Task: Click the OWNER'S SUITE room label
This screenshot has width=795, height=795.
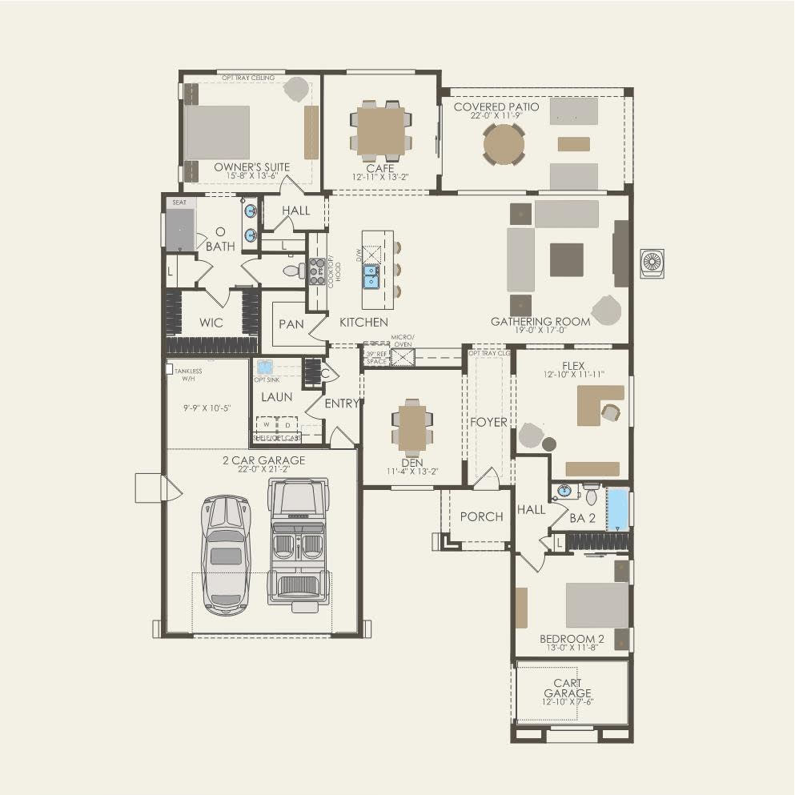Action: (x=251, y=167)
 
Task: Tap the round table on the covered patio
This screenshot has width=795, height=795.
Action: (x=504, y=145)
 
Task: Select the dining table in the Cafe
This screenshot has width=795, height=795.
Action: (x=380, y=130)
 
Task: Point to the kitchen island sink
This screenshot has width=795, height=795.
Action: (x=372, y=277)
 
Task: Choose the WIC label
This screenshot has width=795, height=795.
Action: (x=211, y=323)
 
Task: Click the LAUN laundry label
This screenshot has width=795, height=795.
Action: (x=276, y=396)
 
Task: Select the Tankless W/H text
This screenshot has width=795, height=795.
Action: (x=187, y=375)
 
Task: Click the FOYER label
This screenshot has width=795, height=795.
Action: (x=488, y=422)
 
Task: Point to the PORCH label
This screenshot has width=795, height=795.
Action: (x=481, y=516)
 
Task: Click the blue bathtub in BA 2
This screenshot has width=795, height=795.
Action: (x=616, y=509)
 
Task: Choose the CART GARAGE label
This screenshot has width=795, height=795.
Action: (x=568, y=688)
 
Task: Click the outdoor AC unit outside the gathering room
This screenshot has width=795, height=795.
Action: (x=652, y=263)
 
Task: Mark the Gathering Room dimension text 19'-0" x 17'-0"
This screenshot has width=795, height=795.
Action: (x=540, y=330)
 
